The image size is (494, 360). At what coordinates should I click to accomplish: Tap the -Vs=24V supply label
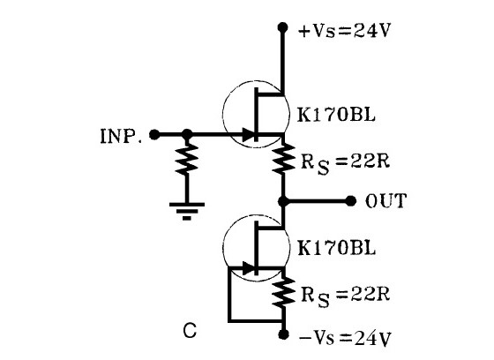tap(338, 337)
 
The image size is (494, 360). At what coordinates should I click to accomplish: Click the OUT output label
tap(385, 201)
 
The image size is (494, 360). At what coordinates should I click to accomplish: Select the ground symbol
tap(187, 208)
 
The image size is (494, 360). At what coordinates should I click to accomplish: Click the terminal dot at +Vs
tap(283, 27)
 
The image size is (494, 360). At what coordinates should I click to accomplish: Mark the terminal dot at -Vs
tap(283, 335)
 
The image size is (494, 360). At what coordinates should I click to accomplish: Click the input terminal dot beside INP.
tap(155, 135)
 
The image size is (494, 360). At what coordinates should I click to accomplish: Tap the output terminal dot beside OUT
tap(351, 200)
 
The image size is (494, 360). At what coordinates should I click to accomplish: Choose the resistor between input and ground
tap(187, 161)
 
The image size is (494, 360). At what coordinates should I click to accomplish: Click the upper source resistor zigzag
tap(283, 160)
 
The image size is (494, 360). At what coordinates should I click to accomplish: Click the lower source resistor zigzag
tap(283, 294)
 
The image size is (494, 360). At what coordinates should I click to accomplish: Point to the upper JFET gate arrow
tap(250, 135)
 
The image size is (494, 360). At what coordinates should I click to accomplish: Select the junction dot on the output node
tap(283, 200)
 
